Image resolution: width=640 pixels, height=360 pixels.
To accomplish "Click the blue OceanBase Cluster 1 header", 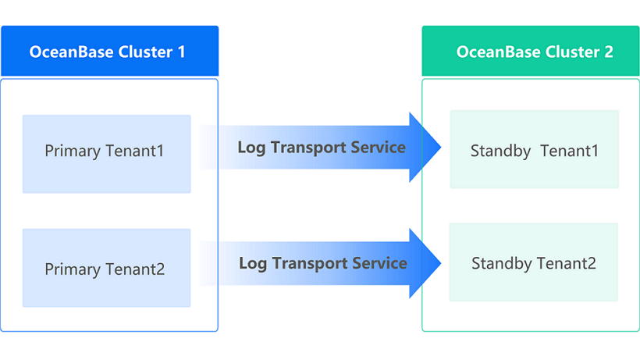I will [109, 52].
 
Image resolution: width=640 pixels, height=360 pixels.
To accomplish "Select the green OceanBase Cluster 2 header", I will [531, 52].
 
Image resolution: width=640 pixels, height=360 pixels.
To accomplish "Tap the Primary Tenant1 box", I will [106, 154].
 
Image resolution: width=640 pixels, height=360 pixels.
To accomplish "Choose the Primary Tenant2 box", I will [106, 268].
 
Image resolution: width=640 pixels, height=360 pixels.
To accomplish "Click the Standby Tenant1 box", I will [535, 149].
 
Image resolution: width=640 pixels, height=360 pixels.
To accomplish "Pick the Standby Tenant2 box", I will [535, 262].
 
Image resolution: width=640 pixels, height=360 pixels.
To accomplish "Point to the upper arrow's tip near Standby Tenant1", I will [439, 147].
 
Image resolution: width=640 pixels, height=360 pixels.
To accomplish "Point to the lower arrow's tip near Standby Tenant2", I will [439, 263].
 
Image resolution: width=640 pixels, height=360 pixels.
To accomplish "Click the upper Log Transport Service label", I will [322, 147].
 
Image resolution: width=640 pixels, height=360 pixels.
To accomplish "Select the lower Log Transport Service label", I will [322, 263].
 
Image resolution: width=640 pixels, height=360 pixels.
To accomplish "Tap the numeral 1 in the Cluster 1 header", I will [182, 52].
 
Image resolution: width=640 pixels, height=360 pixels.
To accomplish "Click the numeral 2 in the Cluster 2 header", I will [608, 52].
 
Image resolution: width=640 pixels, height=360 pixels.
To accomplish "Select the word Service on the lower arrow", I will [379, 263].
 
